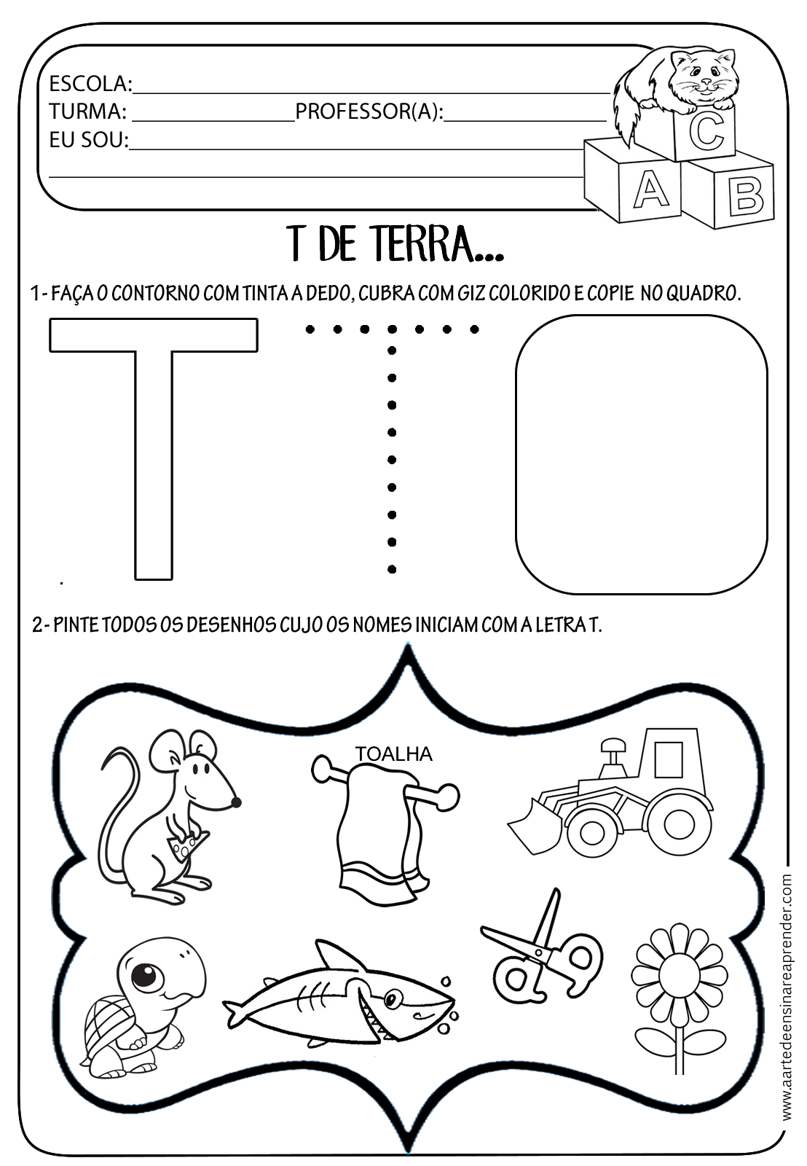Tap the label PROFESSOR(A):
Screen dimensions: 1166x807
coord(369,111)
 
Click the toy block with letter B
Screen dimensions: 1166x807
coord(744,196)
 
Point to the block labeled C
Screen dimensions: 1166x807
coord(705,132)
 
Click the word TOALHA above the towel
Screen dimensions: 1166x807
coord(393,754)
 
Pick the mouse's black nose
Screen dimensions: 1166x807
coord(236,802)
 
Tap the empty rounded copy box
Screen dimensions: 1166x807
coord(641,453)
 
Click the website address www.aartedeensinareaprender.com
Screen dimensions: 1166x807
coord(787,998)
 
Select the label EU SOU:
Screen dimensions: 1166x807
coord(88,139)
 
